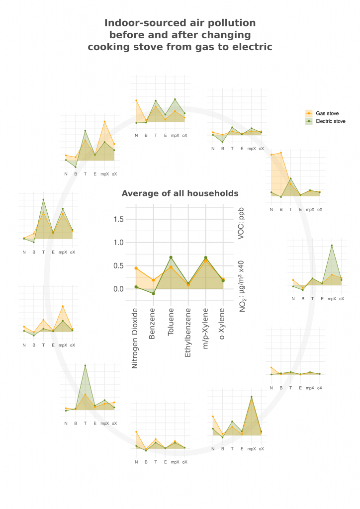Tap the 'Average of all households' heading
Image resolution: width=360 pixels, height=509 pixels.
[x=180, y=193]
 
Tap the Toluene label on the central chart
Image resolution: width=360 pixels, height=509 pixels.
[x=171, y=324]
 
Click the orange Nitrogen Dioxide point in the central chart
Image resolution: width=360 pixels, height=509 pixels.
[x=136, y=268]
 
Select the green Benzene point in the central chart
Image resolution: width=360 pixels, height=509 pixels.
[x=153, y=294]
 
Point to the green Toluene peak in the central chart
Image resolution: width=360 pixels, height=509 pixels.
[x=171, y=257]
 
